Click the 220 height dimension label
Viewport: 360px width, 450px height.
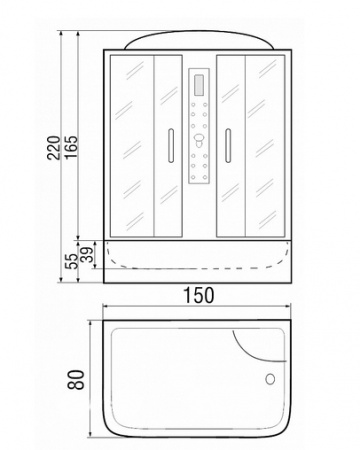tap(54, 148)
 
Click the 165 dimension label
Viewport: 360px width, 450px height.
tap(70, 147)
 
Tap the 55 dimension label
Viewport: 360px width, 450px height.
tap(71, 261)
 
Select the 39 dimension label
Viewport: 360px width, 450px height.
tap(87, 256)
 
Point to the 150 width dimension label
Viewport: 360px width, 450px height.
tap(199, 295)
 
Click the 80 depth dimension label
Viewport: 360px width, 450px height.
tap(76, 379)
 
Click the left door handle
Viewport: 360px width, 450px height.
tap(171, 146)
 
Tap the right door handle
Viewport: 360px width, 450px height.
tap(228, 146)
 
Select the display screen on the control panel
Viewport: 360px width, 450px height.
tap(199, 86)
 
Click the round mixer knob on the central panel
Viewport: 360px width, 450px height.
tap(199, 139)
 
